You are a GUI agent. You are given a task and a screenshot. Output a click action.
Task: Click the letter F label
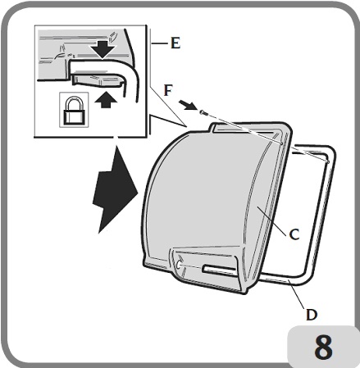167,89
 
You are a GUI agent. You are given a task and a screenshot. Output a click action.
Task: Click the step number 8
323,345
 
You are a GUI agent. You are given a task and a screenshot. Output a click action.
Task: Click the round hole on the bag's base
180,265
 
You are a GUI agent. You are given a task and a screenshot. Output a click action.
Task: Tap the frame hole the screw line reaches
326,161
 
